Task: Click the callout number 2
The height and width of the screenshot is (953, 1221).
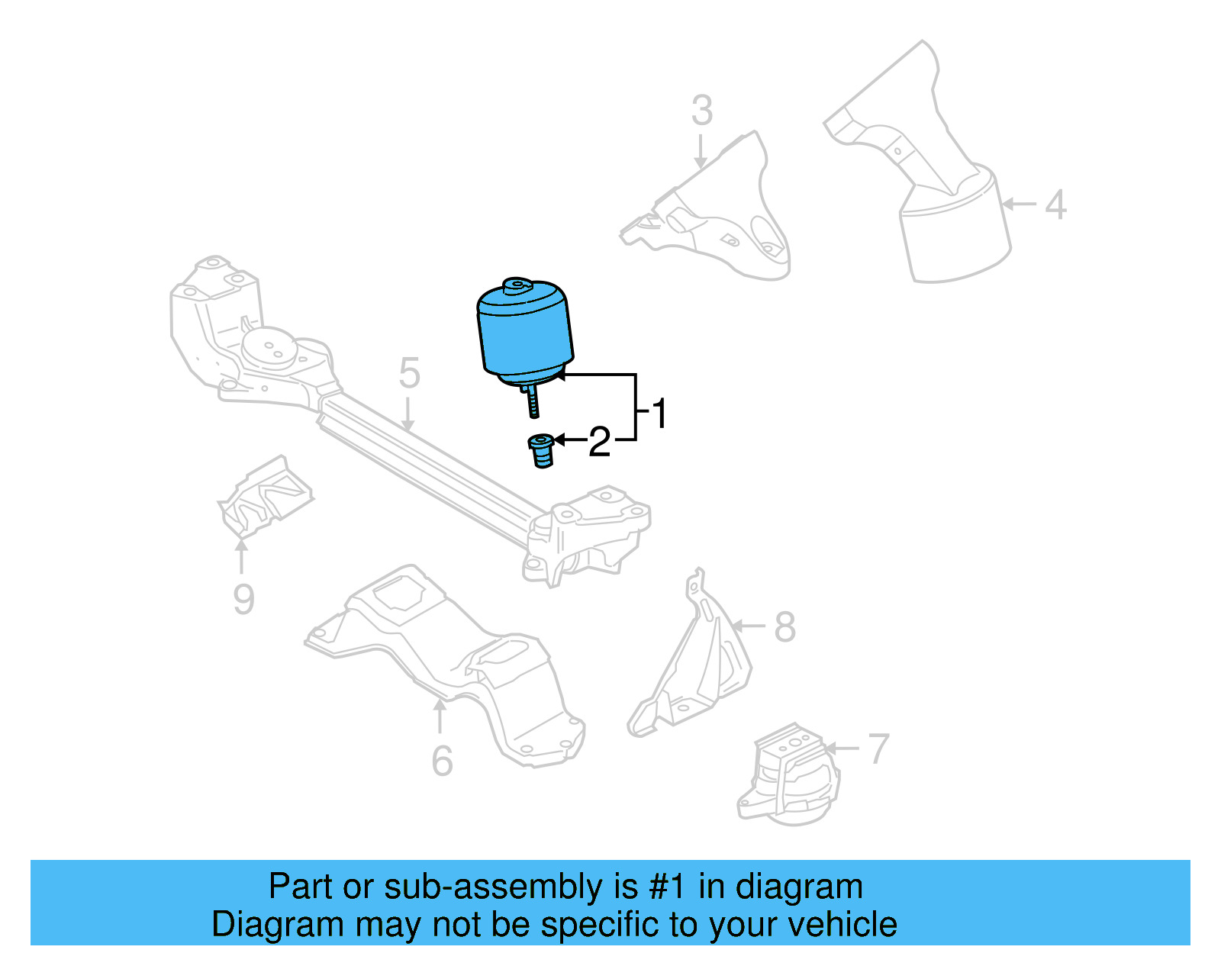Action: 600,443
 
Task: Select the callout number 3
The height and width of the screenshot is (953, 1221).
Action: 702,111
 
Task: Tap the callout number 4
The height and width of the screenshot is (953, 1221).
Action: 1055,204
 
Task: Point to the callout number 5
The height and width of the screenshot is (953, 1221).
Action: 409,374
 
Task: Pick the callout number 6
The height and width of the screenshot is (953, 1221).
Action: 442,761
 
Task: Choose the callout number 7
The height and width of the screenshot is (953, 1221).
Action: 878,749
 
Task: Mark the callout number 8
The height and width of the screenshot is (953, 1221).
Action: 784,627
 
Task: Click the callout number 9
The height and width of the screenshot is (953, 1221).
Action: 243,600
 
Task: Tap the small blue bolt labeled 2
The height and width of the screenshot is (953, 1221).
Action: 541,451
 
